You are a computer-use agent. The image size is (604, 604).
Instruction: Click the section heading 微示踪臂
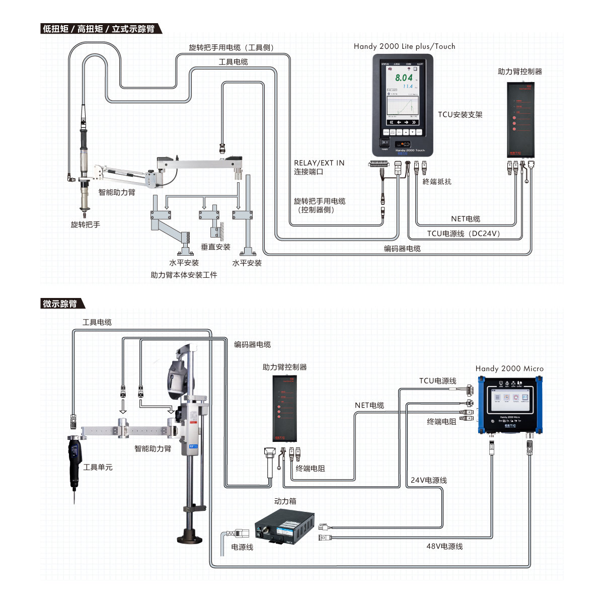(x=60, y=304)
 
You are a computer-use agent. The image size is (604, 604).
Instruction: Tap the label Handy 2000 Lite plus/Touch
(x=404, y=46)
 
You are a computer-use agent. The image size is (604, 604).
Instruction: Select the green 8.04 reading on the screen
(x=404, y=78)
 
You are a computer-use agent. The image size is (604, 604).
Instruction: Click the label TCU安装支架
(x=460, y=115)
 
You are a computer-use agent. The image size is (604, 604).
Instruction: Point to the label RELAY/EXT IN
(x=319, y=163)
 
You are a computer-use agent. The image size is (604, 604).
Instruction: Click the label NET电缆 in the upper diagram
(x=465, y=219)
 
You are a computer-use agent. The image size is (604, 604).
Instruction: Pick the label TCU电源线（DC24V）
(x=464, y=234)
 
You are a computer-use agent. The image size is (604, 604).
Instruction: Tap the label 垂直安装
(x=215, y=247)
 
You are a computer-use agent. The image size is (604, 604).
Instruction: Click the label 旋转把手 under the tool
(x=86, y=224)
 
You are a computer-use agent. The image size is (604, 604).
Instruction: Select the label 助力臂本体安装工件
(x=184, y=275)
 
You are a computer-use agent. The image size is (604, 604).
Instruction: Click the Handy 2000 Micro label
(x=509, y=368)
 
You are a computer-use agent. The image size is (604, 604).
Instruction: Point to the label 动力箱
(x=285, y=501)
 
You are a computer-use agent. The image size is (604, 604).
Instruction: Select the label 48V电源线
(x=444, y=546)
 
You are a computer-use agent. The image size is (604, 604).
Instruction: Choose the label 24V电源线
(x=428, y=480)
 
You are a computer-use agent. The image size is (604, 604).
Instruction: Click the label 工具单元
(x=98, y=468)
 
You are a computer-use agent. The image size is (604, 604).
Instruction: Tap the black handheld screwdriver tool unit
(x=74, y=461)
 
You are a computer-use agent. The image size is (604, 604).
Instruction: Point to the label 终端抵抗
(x=437, y=182)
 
